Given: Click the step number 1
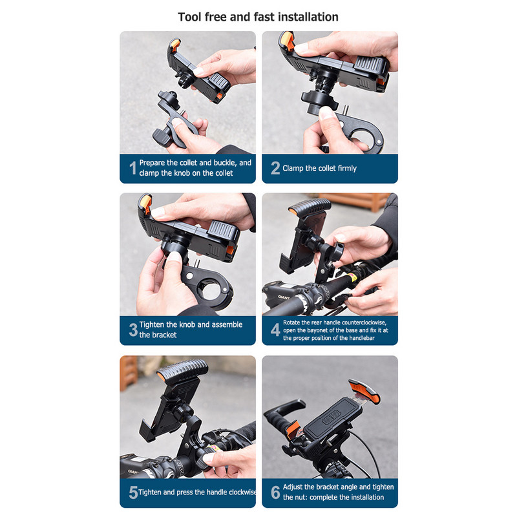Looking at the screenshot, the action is tap(133, 168).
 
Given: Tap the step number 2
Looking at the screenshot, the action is tap(275, 168).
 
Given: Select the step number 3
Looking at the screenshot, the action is tap(133, 330).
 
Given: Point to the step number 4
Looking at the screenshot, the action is tap(275, 330).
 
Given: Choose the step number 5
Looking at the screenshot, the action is tap(133, 492).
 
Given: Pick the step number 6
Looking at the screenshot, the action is tap(275, 492).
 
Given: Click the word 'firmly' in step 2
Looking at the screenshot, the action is tap(344, 169).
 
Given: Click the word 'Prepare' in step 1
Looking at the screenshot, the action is tap(152, 163).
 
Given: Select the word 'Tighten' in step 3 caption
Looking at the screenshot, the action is tap(152, 324).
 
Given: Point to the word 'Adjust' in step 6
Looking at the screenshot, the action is tap(293, 487).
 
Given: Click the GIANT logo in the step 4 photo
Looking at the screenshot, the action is tap(283, 297).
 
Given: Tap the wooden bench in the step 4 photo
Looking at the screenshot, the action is tap(354, 200).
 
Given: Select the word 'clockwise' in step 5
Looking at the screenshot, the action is tap(242, 492).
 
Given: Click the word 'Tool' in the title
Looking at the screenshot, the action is tap(189, 17).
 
